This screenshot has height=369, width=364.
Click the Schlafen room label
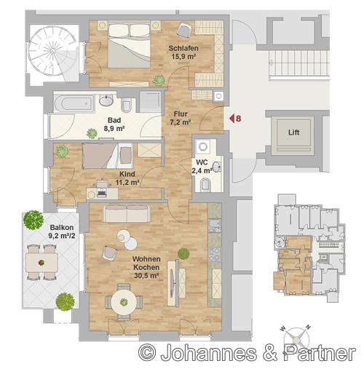pos(183,48)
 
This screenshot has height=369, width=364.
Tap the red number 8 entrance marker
pos(238,119)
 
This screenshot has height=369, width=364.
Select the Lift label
pos(293,132)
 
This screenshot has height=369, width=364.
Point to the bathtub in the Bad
pos(74,104)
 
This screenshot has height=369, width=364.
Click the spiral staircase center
pos(52,51)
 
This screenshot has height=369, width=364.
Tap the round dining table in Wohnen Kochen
pos(124,302)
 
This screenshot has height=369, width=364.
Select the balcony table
pos(41,263)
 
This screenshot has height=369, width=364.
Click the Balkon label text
pos(62,228)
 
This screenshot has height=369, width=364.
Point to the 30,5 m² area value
pos(146,276)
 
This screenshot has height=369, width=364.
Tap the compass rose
pos(297,339)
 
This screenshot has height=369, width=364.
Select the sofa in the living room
pos(127,213)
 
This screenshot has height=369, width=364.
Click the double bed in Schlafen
pos(129,45)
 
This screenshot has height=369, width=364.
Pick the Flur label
pos(181,114)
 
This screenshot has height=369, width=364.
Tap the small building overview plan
pos(309,248)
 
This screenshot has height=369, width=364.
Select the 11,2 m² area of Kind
pos(127,182)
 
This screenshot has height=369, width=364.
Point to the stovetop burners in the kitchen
pos(215,254)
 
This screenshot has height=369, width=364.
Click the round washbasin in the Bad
pos(106,100)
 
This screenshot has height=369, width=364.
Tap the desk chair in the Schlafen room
pos(184,30)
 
